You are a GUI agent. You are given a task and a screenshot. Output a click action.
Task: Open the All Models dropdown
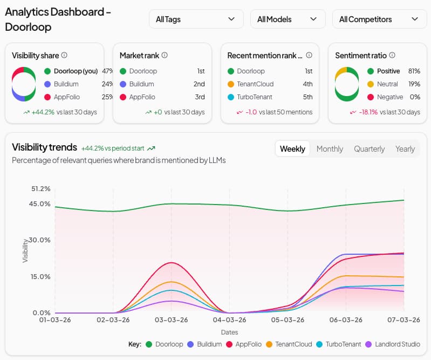coord(288,19)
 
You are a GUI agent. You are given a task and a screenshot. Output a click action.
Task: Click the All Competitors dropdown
coord(379,19)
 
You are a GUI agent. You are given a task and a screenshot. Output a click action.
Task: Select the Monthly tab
coord(329,149)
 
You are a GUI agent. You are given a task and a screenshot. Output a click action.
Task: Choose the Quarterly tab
coord(369,149)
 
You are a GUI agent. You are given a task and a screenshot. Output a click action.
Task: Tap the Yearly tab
coord(405,149)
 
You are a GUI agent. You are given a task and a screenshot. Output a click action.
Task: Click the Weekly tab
coord(292,149)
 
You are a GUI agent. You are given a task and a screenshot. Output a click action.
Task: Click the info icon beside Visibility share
coord(64,55)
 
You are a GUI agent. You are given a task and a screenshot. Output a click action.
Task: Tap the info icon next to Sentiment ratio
coord(392,55)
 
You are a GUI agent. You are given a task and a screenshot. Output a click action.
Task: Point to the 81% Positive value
coord(414,71)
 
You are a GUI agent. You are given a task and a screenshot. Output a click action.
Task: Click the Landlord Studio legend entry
coord(396,344)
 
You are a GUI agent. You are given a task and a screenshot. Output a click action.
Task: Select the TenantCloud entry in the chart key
coord(293,344)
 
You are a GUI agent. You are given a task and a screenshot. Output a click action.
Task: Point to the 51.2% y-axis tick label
coord(41,189)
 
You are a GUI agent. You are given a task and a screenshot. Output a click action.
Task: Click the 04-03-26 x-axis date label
coord(229,320)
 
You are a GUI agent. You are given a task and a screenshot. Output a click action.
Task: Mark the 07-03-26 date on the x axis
coord(403,320)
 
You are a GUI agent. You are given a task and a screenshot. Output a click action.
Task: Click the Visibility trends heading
coord(44,147)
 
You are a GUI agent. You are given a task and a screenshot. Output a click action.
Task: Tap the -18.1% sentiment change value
coord(368,112)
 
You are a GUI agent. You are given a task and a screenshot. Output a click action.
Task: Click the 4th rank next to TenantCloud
coord(307,84)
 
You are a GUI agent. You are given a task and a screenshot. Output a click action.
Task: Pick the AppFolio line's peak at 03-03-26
coord(171,263)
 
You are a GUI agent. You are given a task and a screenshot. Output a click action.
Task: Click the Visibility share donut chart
coord(24,84)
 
